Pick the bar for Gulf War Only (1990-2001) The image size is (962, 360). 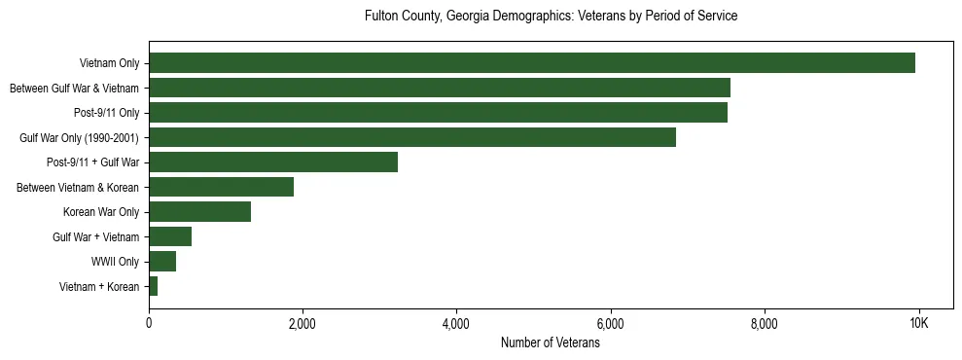point(411,137)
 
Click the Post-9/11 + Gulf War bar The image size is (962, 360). point(273,162)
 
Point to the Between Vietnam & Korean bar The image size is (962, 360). point(221,187)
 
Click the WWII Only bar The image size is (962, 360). point(162,261)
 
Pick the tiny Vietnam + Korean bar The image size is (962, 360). point(154,286)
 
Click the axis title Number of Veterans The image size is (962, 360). point(550,343)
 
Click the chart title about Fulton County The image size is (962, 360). point(551,17)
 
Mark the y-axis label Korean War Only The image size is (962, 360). point(101,212)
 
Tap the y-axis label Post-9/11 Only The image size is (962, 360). point(106,113)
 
